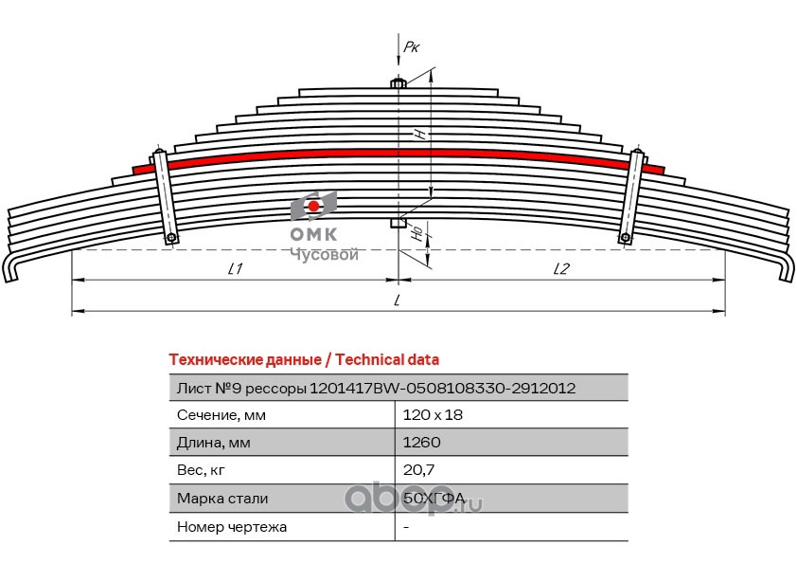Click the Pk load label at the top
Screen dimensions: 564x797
point(411,44)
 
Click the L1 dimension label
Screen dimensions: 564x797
point(236,268)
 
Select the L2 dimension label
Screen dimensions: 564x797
point(560,268)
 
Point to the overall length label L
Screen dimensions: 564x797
point(398,300)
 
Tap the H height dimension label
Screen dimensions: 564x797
point(419,134)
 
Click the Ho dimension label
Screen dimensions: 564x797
point(416,231)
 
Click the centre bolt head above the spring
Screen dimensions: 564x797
point(398,83)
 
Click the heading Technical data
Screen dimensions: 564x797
point(303,359)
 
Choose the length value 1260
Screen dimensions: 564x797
point(420,442)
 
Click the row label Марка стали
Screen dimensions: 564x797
point(222,498)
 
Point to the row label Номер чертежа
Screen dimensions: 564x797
point(232,526)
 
